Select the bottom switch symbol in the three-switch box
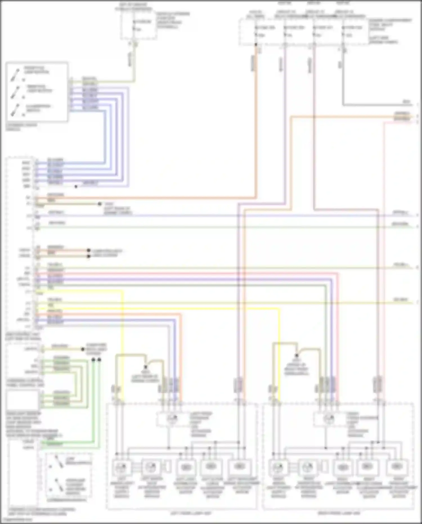(x=15, y=110)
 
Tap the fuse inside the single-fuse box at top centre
(x=134, y=25)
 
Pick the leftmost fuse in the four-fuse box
(x=256, y=31)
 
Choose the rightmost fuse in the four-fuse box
(x=343, y=31)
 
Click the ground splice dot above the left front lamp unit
(x=146, y=367)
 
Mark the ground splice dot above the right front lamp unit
(x=297, y=355)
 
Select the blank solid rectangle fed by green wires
(x=22, y=400)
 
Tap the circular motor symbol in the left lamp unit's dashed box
(x=172, y=419)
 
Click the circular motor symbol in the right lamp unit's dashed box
(x=329, y=419)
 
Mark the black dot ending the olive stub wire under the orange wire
(x=100, y=204)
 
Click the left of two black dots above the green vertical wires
(x=93, y=360)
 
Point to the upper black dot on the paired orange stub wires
(x=89, y=250)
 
